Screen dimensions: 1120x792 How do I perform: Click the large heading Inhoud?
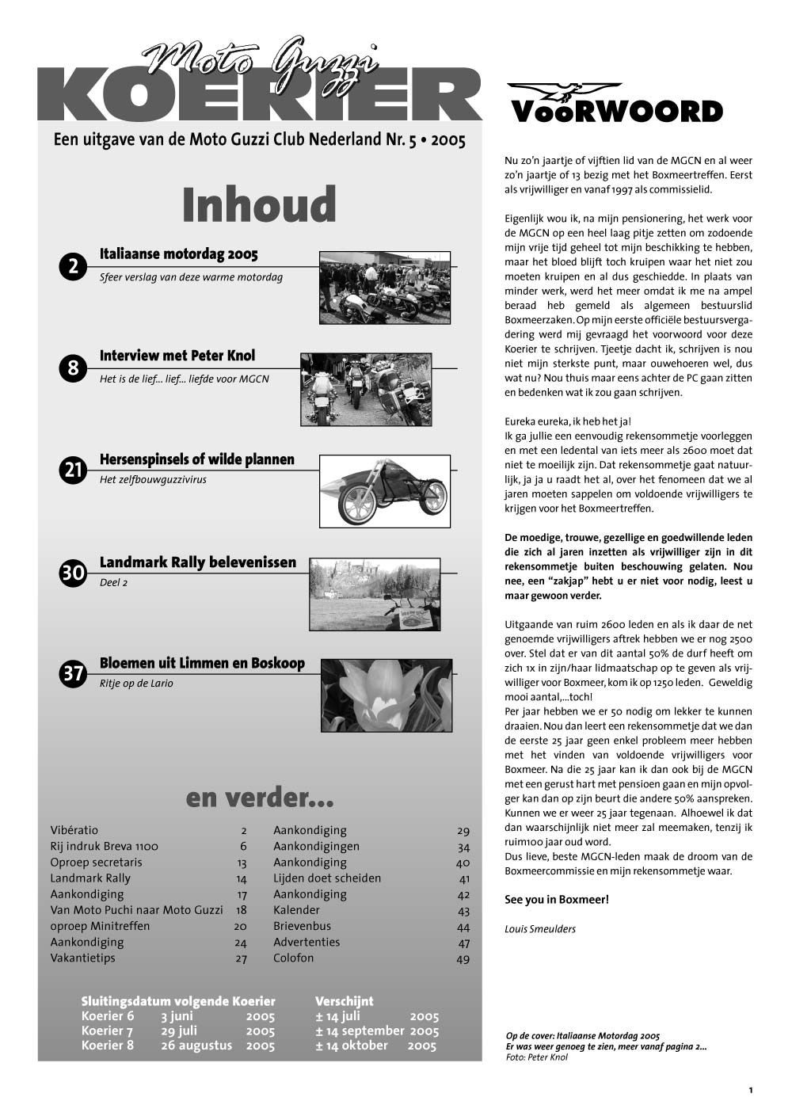259,205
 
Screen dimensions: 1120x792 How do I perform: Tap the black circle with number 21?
73,470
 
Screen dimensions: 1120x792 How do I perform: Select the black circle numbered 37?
73,674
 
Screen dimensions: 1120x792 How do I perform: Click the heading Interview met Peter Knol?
177,356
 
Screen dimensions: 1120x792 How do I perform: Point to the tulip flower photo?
386,695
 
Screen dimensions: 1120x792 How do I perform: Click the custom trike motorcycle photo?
385,491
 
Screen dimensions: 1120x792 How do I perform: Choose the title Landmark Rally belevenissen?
198,562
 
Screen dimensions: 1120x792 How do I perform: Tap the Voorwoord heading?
617,112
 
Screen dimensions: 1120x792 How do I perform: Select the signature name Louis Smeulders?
540,929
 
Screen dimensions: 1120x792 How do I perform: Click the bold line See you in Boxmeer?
557,900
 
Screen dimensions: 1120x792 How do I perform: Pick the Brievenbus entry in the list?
303,926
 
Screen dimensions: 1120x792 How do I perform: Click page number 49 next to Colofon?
463,958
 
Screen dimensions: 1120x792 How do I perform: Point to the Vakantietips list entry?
82,958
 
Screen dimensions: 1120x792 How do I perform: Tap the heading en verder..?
260,798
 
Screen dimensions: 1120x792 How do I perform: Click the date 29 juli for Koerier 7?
179,1030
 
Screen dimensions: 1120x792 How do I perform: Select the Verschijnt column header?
344,1001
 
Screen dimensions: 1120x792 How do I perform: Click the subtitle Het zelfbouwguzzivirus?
153,480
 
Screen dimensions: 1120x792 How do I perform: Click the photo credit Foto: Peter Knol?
537,1057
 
